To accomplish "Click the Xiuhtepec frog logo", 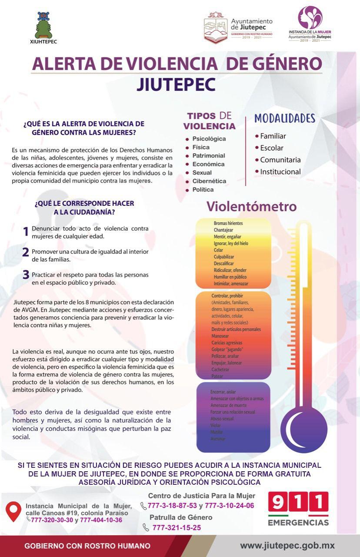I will point(44,25).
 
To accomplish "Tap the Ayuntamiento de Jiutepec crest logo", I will point(216,27).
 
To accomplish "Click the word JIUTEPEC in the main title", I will point(176,84).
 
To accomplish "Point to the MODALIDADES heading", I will point(284,118).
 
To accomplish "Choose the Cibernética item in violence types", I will point(209,181).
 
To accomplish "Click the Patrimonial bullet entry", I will point(208,156).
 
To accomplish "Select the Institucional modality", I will point(280,171).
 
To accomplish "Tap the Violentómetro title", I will point(251,206).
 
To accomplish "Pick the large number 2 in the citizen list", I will point(26,252).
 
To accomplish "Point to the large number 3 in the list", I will point(26,275).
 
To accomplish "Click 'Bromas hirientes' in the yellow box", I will point(228,223).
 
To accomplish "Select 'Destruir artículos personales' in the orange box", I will point(236,329).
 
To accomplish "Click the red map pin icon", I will point(14,511).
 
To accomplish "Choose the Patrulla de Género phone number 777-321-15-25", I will point(176,528).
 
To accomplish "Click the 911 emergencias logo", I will point(298,508).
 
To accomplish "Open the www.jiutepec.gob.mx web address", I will point(287,546).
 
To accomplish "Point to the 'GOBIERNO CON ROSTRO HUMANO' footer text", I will point(87,546).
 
